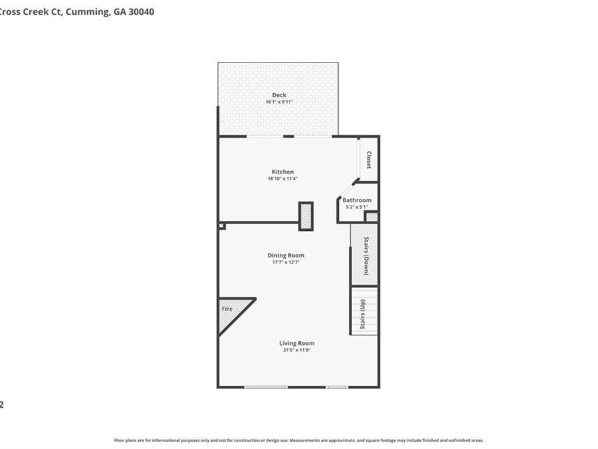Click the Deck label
[279, 95]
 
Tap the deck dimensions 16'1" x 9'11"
[279, 102]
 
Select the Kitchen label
[282, 172]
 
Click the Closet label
[369, 160]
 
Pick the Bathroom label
[357, 200]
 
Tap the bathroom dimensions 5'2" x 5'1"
[357, 207]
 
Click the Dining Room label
[286, 255]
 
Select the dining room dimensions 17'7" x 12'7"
[286, 262]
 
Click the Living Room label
[296, 343]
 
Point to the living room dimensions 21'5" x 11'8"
[296, 350]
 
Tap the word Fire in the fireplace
[227, 309]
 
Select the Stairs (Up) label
[363, 314]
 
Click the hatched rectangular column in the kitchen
[306, 216]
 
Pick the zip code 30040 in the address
[141, 11]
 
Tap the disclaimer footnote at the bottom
[299, 440]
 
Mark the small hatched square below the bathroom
[372, 217]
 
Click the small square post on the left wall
[222, 226]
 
